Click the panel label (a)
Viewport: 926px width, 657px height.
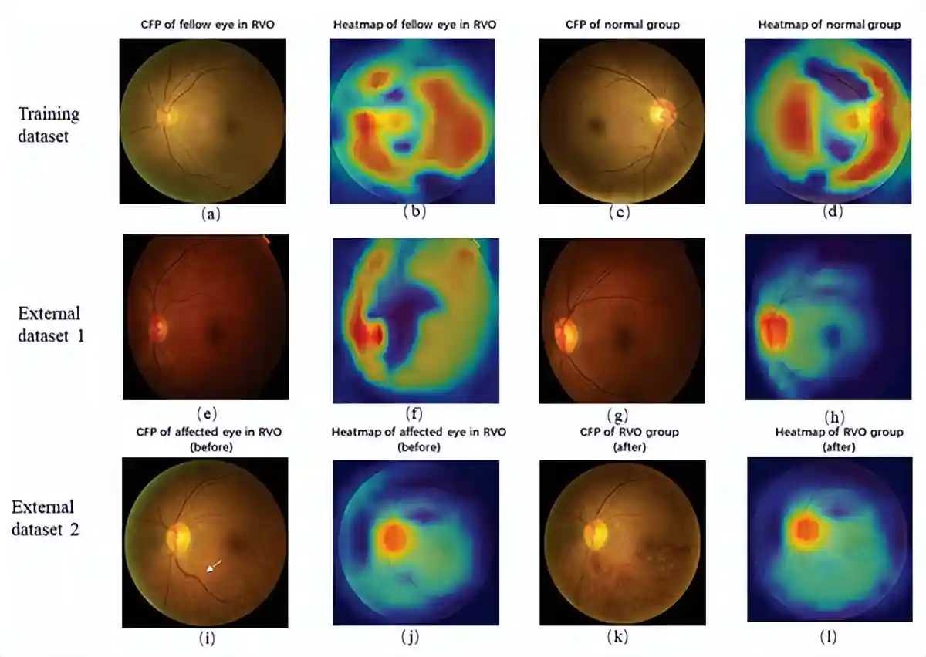pyautogui.click(x=210, y=215)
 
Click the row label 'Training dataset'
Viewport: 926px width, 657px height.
pyautogui.click(x=49, y=123)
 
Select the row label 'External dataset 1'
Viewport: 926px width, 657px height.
pyautogui.click(x=49, y=325)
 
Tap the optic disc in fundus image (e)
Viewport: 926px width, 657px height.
pyautogui.click(x=157, y=329)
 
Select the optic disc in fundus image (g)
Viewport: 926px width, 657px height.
pyautogui.click(x=565, y=333)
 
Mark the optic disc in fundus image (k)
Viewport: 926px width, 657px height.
pyautogui.click(x=596, y=534)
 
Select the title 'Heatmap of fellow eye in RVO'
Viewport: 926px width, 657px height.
pyautogui.click(x=414, y=25)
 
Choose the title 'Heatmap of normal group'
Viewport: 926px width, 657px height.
pyautogui.click(x=829, y=25)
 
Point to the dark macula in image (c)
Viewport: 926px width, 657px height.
pyautogui.click(x=595, y=123)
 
